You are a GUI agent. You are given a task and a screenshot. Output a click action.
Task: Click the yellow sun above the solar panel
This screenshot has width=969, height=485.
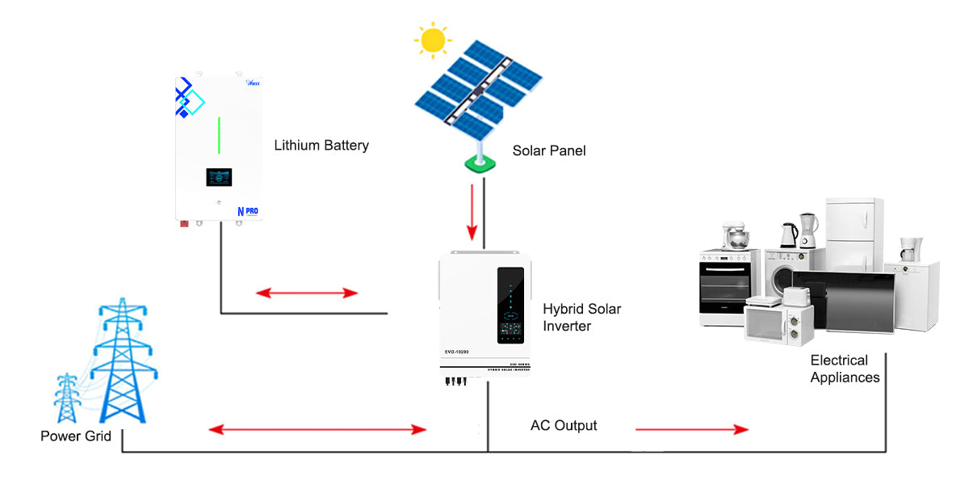[x=433, y=39]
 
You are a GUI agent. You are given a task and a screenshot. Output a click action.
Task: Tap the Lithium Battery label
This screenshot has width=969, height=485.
[x=321, y=145]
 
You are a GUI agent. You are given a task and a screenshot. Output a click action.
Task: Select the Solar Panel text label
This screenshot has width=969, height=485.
[x=549, y=150]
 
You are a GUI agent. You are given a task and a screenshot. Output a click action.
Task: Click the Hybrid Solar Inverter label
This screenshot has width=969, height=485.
[x=581, y=318]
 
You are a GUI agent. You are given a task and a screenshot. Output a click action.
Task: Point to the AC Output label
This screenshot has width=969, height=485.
[x=564, y=425]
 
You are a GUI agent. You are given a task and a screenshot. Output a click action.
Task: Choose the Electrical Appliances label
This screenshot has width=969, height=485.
[x=845, y=369]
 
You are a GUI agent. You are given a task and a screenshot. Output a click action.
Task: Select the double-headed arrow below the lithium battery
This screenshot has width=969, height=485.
[x=307, y=293]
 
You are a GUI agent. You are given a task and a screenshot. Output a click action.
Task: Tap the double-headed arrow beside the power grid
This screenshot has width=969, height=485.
[x=317, y=429]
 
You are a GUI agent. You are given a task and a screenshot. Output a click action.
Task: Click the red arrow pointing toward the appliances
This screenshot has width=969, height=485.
[x=692, y=429]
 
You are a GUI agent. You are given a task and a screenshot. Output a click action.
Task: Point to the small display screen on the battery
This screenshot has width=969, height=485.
[x=219, y=180]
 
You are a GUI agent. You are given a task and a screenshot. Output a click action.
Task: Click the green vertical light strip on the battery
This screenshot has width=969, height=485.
[x=218, y=135]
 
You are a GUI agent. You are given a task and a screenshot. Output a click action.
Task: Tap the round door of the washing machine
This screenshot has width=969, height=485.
[x=784, y=280]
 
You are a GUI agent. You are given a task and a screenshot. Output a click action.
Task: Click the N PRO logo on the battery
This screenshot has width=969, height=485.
[x=248, y=211]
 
